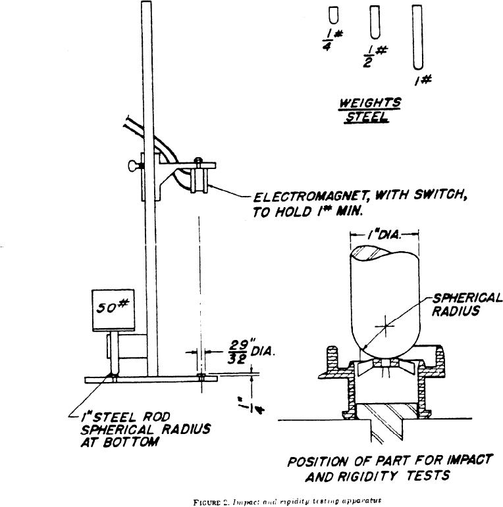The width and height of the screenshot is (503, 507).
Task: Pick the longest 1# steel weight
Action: [x=417, y=36]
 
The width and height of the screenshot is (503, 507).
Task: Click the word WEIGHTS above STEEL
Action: [x=369, y=103]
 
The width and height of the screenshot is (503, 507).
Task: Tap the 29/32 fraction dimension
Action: [x=236, y=352]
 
